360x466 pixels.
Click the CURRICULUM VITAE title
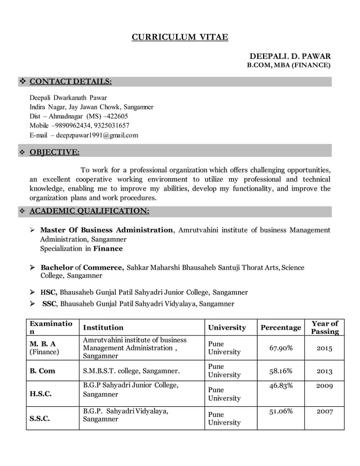pos(180,38)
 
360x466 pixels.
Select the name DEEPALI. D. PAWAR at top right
pos(290,56)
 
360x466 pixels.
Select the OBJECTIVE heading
pos(54,151)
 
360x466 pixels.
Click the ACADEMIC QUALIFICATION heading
pos(89,212)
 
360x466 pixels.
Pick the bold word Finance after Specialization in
pos(108,248)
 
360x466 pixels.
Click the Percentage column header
pos(280,327)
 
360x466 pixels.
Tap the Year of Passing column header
pos(324,327)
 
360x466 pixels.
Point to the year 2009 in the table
pos(324,386)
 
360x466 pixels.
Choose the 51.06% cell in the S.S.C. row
pos(280,411)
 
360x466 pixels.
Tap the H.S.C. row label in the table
pos(41,394)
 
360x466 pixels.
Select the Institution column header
pos(103,327)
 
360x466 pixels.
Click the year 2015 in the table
pos(324,348)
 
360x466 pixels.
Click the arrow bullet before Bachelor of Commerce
pos(33,267)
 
